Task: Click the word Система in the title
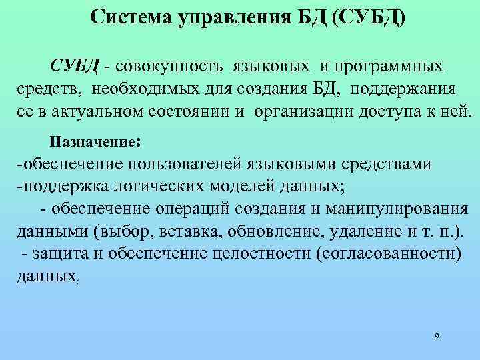coord(130,15)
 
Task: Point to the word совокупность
coord(173,67)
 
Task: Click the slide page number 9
coord(436,336)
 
